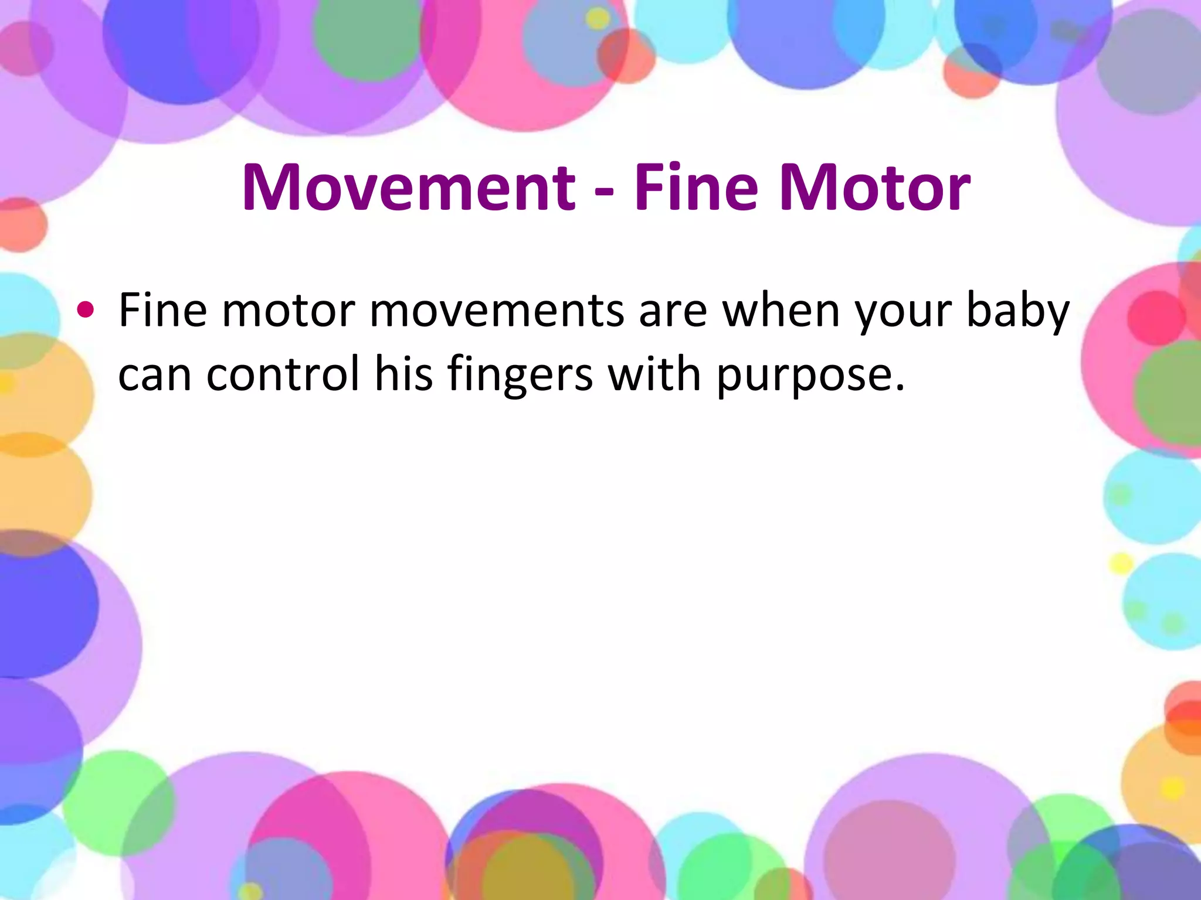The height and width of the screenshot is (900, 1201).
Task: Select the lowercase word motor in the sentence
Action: click(x=288, y=311)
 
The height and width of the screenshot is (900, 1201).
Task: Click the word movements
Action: click(x=497, y=311)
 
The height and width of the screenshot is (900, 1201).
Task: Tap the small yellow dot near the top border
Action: click(x=598, y=19)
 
